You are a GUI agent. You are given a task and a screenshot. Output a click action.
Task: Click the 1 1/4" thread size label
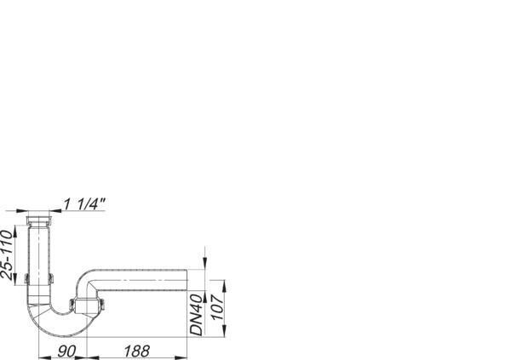pyautogui.click(x=84, y=204)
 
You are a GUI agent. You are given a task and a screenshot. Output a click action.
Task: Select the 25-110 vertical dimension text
pyautogui.click(x=7, y=254)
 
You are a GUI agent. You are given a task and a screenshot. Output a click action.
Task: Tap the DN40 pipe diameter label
pyautogui.click(x=197, y=315)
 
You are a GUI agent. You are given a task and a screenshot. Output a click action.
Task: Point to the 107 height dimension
pyautogui.click(x=218, y=307)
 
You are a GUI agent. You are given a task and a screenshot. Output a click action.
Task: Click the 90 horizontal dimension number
pyautogui.click(x=66, y=351)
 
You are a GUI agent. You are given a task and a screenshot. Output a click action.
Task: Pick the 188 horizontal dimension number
pyautogui.click(x=136, y=351)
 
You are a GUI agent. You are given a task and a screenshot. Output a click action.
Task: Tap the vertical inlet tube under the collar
pyautogui.click(x=39, y=251)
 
